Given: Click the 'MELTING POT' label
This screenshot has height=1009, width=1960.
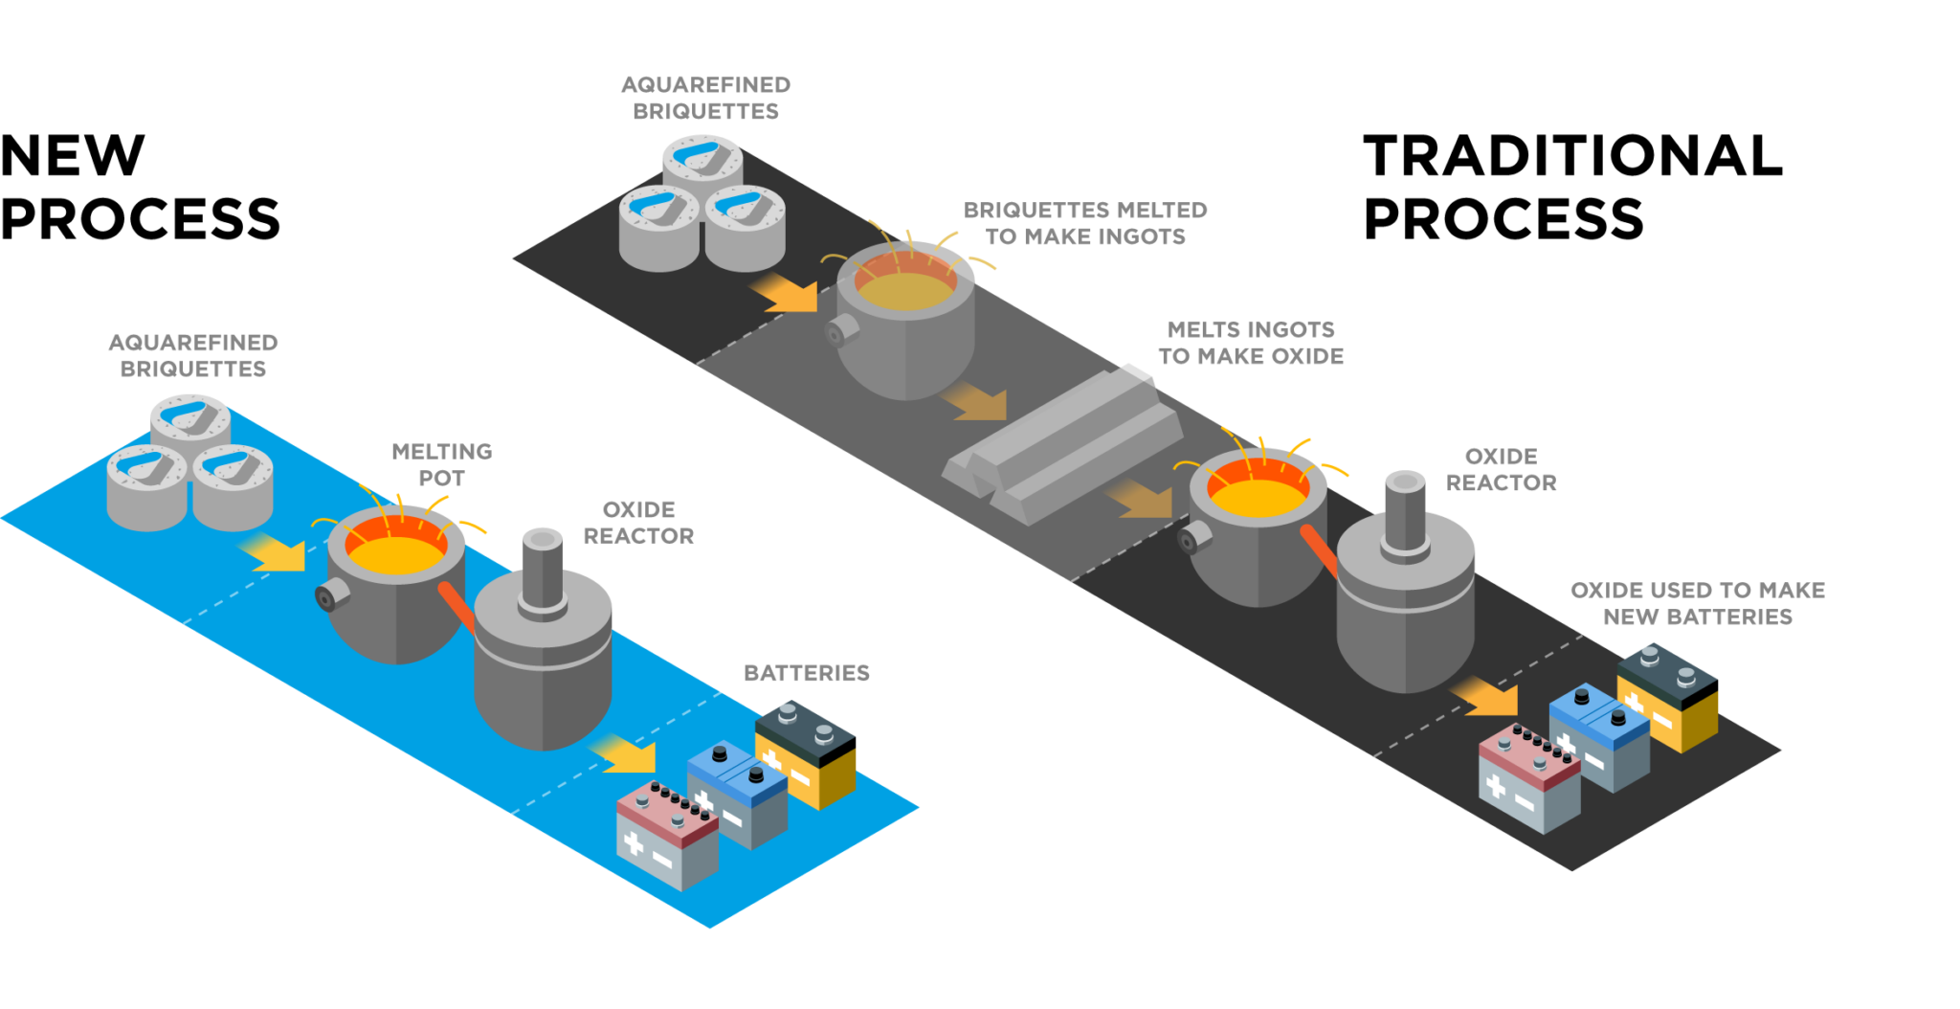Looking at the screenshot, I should click(x=441, y=464).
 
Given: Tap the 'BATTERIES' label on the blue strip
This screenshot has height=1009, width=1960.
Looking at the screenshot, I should click(x=806, y=673).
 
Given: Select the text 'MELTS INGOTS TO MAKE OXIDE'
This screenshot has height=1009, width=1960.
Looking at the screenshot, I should click(x=1250, y=343).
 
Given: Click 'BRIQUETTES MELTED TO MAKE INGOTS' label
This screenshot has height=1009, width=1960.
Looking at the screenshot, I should click(x=1085, y=223).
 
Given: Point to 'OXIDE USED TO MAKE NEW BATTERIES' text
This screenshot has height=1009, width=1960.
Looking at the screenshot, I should click(x=1697, y=603).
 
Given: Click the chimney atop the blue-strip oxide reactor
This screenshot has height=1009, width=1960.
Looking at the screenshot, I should click(x=542, y=570).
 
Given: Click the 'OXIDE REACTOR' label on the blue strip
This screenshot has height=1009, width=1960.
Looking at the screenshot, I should click(x=638, y=523).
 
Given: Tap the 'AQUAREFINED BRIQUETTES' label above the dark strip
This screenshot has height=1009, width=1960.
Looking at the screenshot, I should click(x=705, y=98).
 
